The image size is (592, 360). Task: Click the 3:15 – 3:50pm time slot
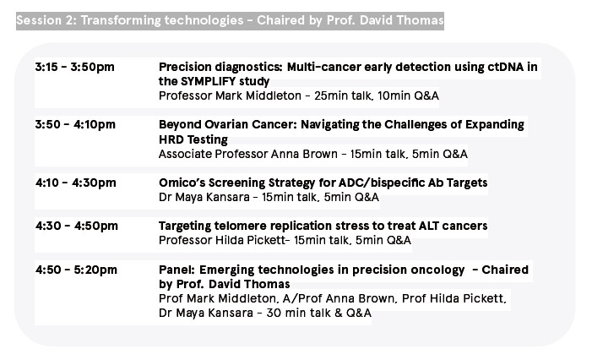75,67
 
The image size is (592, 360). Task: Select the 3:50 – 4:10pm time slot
75,124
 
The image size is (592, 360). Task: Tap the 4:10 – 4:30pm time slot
75,183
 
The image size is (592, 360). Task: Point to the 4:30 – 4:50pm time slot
77,226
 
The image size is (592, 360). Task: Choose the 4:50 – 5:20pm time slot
76,270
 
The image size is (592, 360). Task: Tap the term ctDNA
506,67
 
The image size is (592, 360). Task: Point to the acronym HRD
170,139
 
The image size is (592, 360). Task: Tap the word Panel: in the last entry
177,270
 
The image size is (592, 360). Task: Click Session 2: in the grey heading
46,20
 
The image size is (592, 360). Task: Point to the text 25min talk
342,95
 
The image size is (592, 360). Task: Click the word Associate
185,154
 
